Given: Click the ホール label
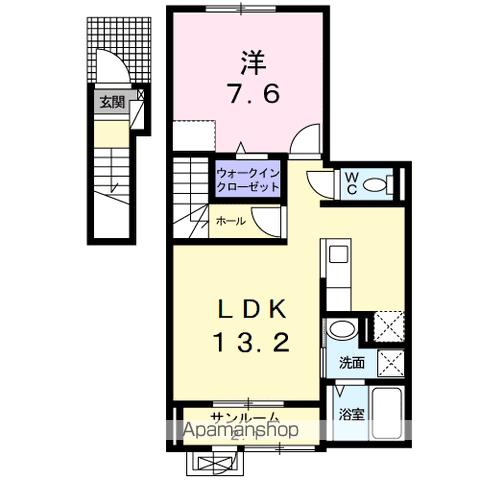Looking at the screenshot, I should (x=226, y=222).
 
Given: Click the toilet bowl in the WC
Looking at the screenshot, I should (x=377, y=184).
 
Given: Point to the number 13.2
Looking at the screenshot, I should (x=251, y=343).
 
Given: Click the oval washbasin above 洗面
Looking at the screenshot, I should (x=341, y=331).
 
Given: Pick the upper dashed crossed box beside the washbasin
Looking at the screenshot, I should (x=387, y=327).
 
